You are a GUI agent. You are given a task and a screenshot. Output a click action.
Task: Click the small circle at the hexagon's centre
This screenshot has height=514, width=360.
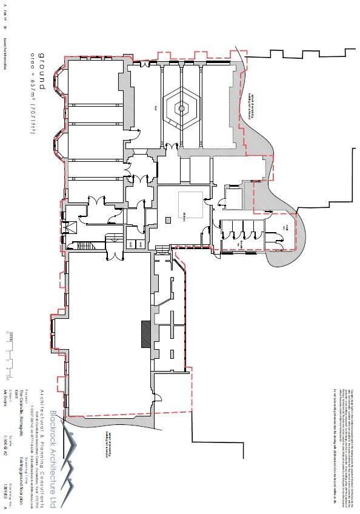[x=181, y=108]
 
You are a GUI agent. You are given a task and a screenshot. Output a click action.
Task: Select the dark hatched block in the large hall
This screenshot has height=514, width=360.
[x=146, y=334]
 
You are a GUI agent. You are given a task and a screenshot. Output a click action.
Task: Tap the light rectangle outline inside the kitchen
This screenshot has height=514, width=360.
[x=190, y=206]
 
